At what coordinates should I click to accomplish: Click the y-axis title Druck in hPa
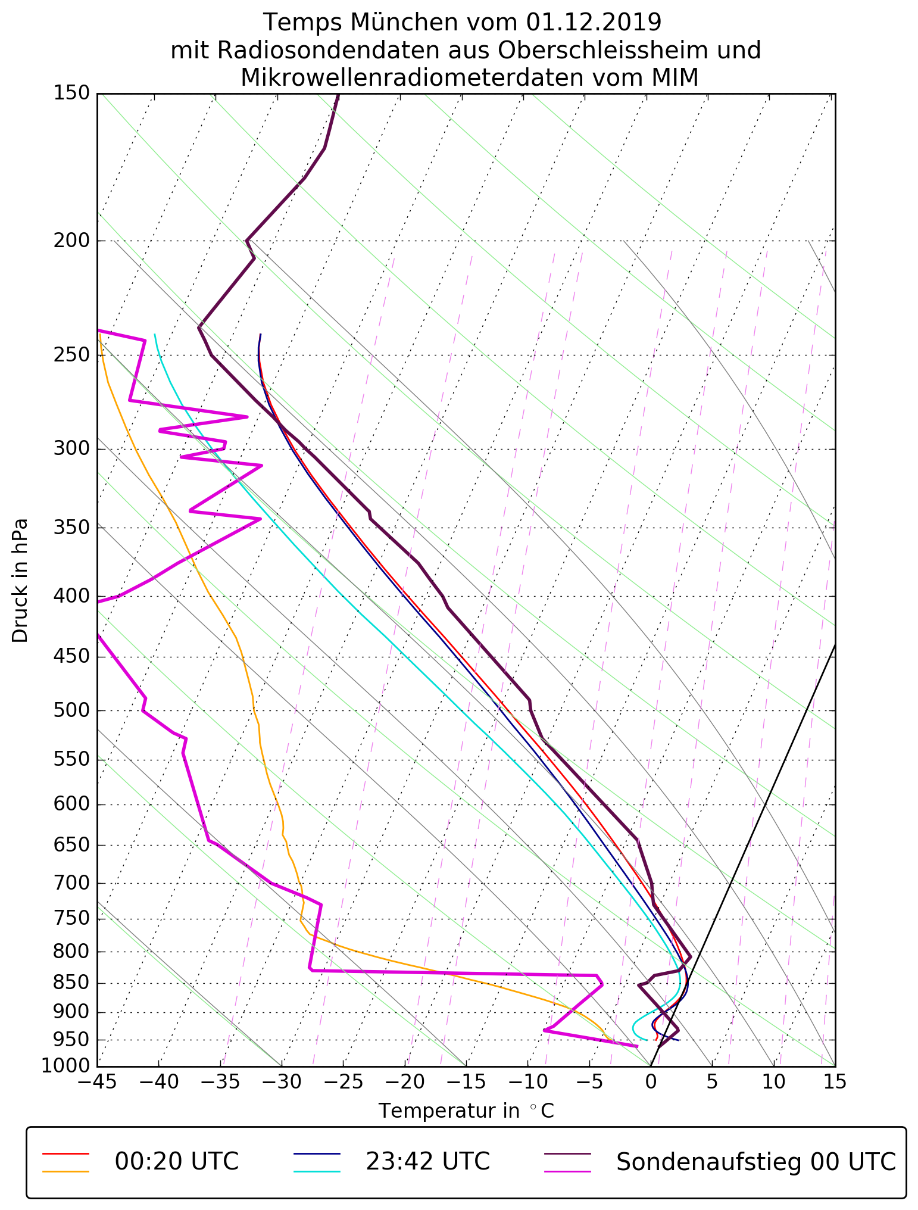20,581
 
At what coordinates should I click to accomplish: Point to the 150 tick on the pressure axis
71,93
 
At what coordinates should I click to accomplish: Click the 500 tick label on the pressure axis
71,710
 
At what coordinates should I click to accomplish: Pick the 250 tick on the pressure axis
71,355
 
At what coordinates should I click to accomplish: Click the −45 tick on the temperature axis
96,1081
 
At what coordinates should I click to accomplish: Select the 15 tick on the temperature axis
835,1081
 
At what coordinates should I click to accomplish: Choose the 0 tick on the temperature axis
651,1081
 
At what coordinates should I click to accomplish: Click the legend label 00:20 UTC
177,1161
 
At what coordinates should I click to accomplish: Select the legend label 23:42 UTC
427,1161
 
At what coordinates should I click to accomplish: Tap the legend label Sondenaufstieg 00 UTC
755,1161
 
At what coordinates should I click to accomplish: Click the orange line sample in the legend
65,1171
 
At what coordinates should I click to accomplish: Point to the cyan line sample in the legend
316,1171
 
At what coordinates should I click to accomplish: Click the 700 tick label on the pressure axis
71,883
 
